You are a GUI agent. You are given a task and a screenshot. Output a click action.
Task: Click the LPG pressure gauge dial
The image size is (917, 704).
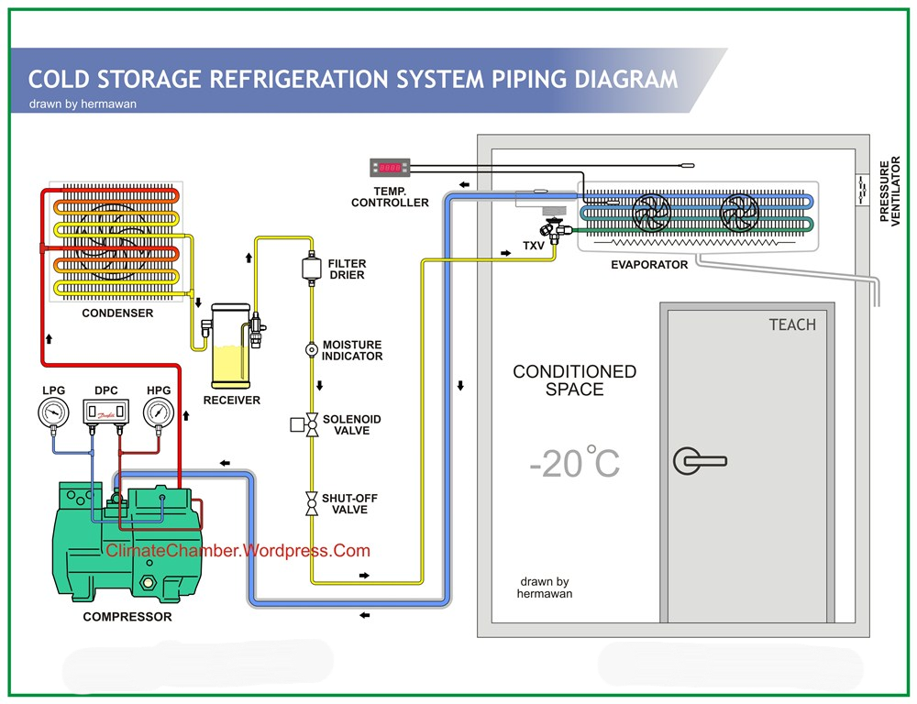point(53,414)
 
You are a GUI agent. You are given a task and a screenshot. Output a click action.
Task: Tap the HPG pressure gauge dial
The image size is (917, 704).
point(159,414)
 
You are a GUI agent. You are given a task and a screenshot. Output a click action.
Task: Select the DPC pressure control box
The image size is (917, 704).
point(106,414)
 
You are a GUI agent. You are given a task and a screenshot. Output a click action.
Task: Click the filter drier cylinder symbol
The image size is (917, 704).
point(310,268)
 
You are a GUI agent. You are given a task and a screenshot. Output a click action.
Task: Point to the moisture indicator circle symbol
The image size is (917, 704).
point(311,349)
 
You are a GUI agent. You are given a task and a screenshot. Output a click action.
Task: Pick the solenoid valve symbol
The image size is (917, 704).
point(310,424)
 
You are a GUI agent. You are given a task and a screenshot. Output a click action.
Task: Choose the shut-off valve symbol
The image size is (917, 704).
point(311,503)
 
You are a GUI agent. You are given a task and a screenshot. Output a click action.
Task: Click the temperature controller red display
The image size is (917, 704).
point(389,168)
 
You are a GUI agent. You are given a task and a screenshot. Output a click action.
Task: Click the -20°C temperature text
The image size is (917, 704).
point(574,463)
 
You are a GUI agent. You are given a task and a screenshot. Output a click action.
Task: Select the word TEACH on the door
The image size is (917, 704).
point(791,324)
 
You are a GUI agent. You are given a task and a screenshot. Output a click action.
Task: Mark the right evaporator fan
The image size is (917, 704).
point(739,214)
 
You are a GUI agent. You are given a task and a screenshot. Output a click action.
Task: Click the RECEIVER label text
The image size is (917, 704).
point(231,401)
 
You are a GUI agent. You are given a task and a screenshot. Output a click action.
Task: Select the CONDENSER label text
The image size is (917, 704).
point(117,313)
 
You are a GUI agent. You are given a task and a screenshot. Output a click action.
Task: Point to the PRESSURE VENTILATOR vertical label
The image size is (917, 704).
point(890,192)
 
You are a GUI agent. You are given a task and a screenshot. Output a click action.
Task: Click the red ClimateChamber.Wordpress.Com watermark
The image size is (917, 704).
point(238,551)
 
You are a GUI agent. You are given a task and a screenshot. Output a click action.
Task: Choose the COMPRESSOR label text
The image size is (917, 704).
point(127,617)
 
